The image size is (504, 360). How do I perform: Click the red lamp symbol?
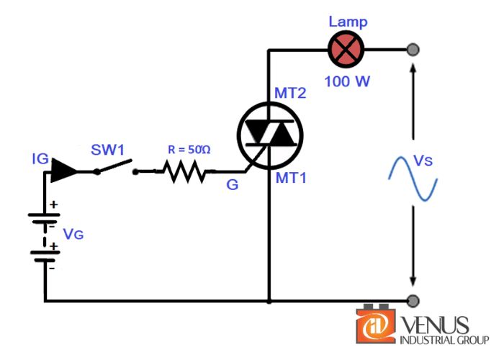click(x=346, y=50)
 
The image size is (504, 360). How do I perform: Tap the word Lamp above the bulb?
click(x=347, y=22)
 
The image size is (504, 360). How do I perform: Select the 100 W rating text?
click(x=347, y=81)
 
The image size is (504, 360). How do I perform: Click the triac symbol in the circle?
click(x=270, y=134)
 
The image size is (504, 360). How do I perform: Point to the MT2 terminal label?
click(x=291, y=94)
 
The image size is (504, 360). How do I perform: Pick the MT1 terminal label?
click(x=290, y=177)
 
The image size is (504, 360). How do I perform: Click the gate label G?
click(x=232, y=185)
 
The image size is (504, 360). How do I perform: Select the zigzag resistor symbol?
click(x=186, y=172)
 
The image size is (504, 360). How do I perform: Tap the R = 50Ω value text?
click(x=189, y=150)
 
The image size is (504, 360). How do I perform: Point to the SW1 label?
click(x=108, y=150)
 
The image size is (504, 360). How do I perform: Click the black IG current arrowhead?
click(x=64, y=171)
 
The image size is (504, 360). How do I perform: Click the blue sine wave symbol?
click(x=413, y=179)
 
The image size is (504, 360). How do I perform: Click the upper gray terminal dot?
click(x=413, y=50)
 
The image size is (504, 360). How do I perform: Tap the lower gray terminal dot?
click(x=413, y=300)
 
